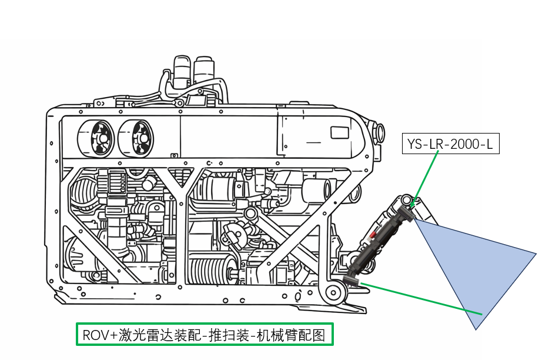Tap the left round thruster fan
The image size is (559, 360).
96,139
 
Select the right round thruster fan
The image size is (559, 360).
137,139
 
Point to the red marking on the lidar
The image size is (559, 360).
373,235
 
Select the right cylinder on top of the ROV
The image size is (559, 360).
204,69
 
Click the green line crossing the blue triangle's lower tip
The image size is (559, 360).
464,308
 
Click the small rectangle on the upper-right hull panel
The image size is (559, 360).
340,132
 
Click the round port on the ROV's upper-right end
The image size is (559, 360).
380,129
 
